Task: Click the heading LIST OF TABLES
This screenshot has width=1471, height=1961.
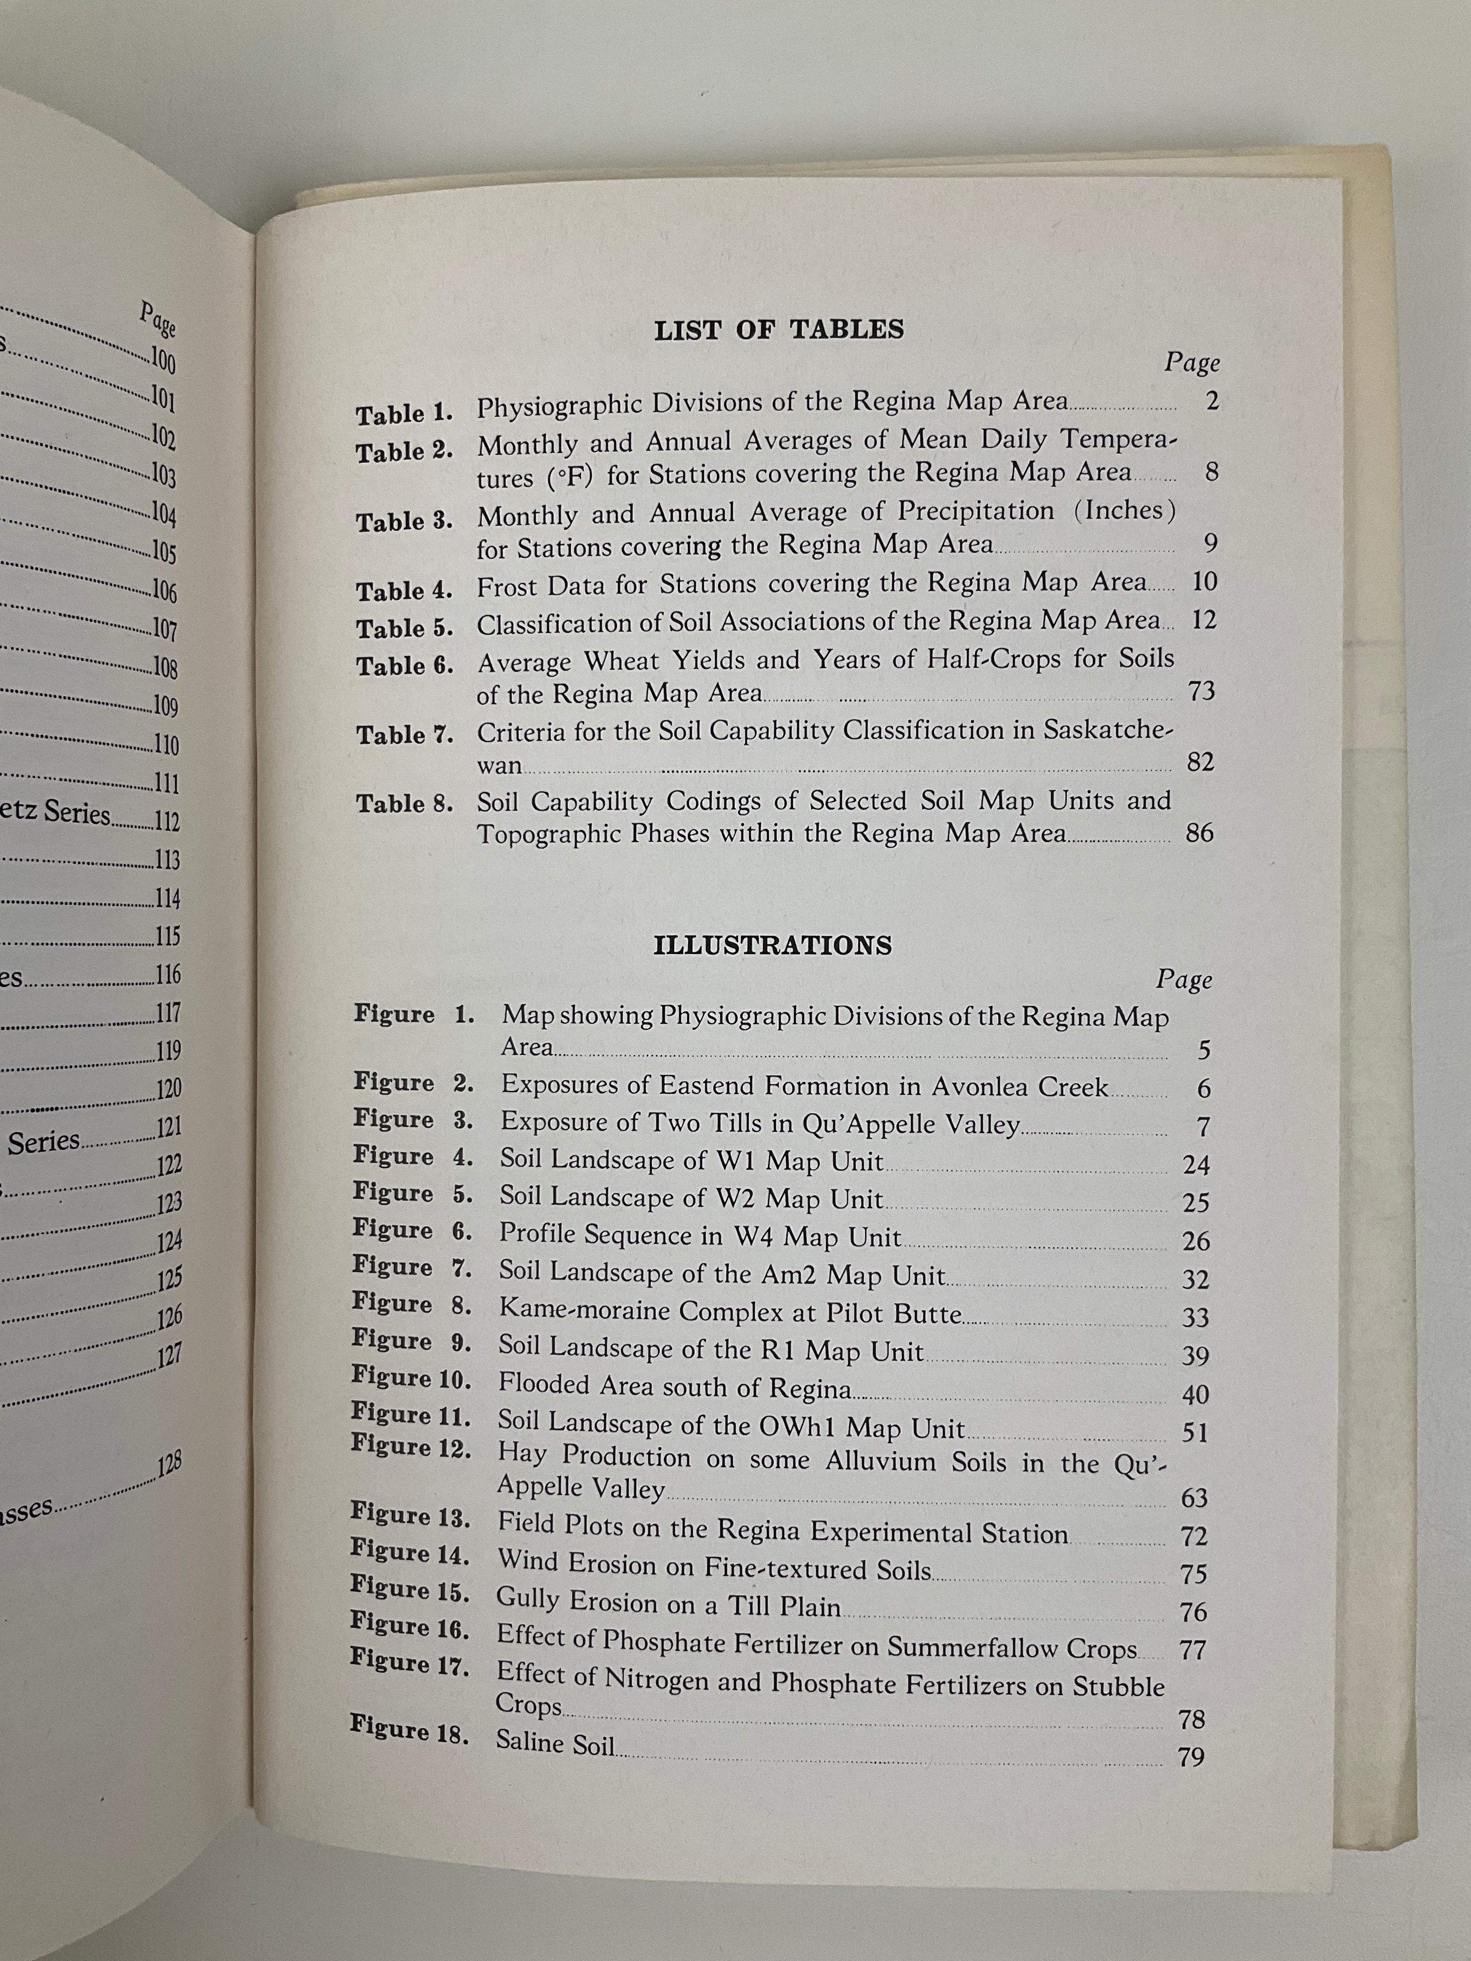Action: (778, 330)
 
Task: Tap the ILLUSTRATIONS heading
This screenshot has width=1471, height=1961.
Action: (772, 946)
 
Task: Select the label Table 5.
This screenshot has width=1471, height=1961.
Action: (404, 628)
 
